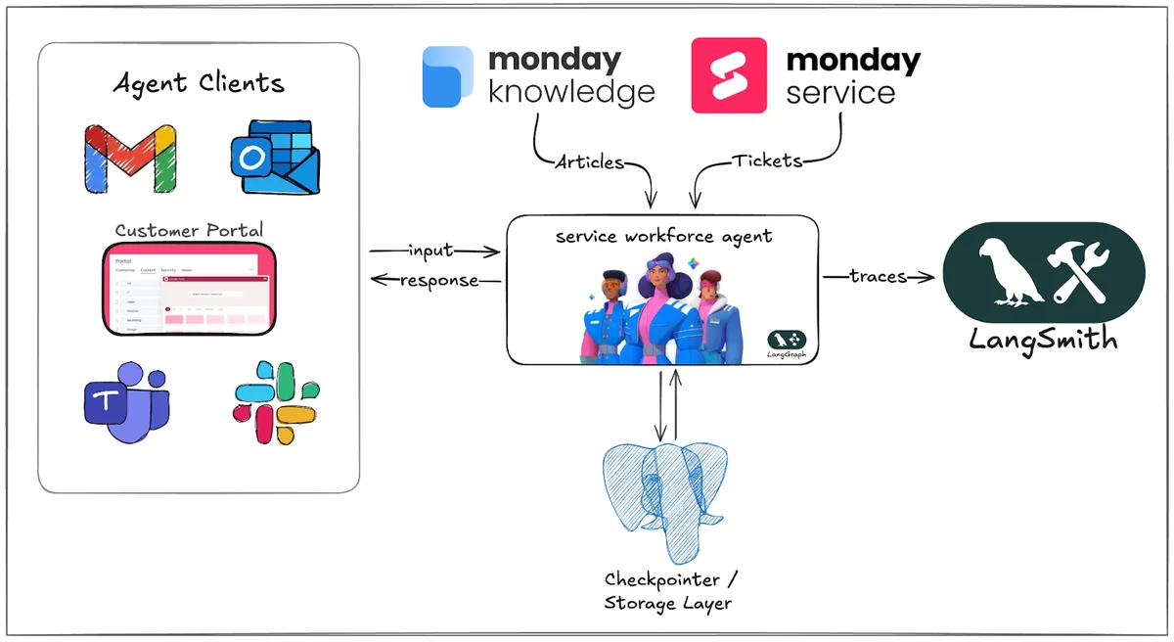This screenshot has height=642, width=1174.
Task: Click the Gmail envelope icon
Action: [x=130, y=159]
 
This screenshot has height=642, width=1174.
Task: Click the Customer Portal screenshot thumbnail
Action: [x=189, y=290]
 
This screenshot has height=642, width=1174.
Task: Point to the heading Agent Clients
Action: [x=199, y=82]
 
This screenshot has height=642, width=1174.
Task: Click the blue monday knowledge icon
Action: [x=447, y=76]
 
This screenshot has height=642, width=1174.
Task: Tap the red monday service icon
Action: [x=729, y=75]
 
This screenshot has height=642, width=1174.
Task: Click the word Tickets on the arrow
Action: [x=768, y=161]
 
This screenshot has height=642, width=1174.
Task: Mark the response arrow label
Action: [x=439, y=281]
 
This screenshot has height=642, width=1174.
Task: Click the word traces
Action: [x=878, y=277]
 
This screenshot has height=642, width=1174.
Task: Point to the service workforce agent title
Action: [x=663, y=236]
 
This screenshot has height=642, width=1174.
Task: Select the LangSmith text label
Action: [x=1043, y=340]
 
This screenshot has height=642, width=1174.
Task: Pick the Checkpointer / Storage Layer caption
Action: [x=668, y=590]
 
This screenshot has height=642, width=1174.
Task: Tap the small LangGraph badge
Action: [x=789, y=344]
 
